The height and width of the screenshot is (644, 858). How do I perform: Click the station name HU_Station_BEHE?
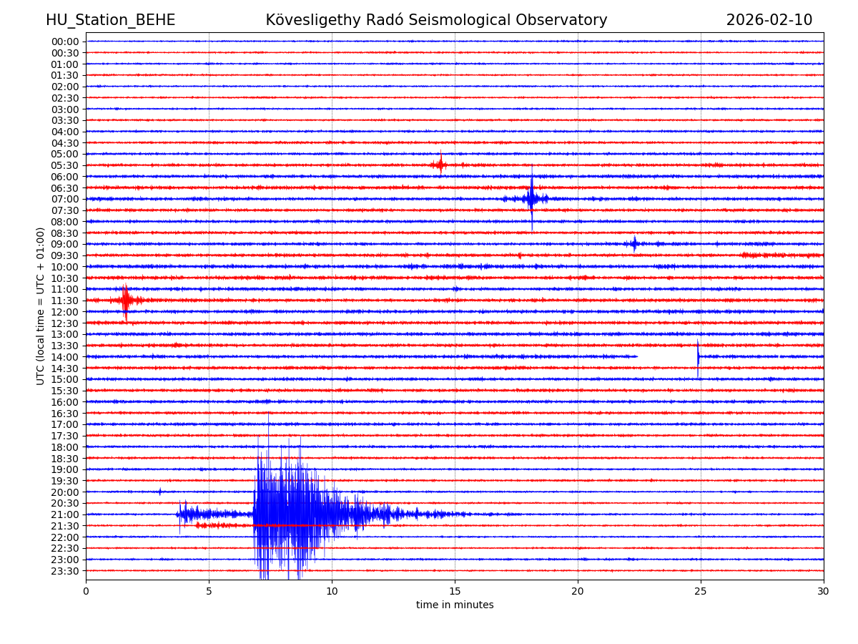pyautogui.click(x=110, y=20)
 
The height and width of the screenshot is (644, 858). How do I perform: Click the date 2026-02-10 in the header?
pyautogui.click(x=769, y=20)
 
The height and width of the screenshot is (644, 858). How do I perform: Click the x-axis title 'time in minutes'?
pyautogui.click(x=455, y=605)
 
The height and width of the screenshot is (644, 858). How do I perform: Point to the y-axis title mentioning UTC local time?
pyautogui.click(x=41, y=306)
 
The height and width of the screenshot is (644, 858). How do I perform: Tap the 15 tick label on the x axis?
pyautogui.click(x=455, y=591)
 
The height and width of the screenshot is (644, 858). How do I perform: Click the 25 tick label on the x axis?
pyautogui.click(x=701, y=591)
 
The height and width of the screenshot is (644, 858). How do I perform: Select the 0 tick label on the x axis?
pyautogui.click(x=86, y=591)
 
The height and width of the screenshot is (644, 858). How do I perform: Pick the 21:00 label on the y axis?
pyautogui.click(x=65, y=514)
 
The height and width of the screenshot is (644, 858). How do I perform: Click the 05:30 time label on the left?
pyautogui.click(x=65, y=165)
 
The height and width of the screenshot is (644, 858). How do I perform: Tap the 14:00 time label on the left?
pyautogui.click(x=65, y=357)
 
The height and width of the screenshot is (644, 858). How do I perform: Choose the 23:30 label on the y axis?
pyautogui.click(x=65, y=571)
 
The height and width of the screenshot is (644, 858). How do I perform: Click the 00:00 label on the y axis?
pyautogui.click(x=65, y=42)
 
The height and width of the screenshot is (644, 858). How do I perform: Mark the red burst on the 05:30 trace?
pyautogui.click(x=440, y=165)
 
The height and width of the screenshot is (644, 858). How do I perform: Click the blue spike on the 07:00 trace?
pyautogui.click(x=531, y=198)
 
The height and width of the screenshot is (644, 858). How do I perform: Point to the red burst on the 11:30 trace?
pyautogui.click(x=126, y=300)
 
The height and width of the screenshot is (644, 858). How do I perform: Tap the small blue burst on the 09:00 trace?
pyautogui.click(x=634, y=244)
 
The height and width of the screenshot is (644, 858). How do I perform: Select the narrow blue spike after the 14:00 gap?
pyautogui.click(x=698, y=356)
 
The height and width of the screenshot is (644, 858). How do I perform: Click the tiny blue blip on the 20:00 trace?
pyautogui.click(x=160, y=492)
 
